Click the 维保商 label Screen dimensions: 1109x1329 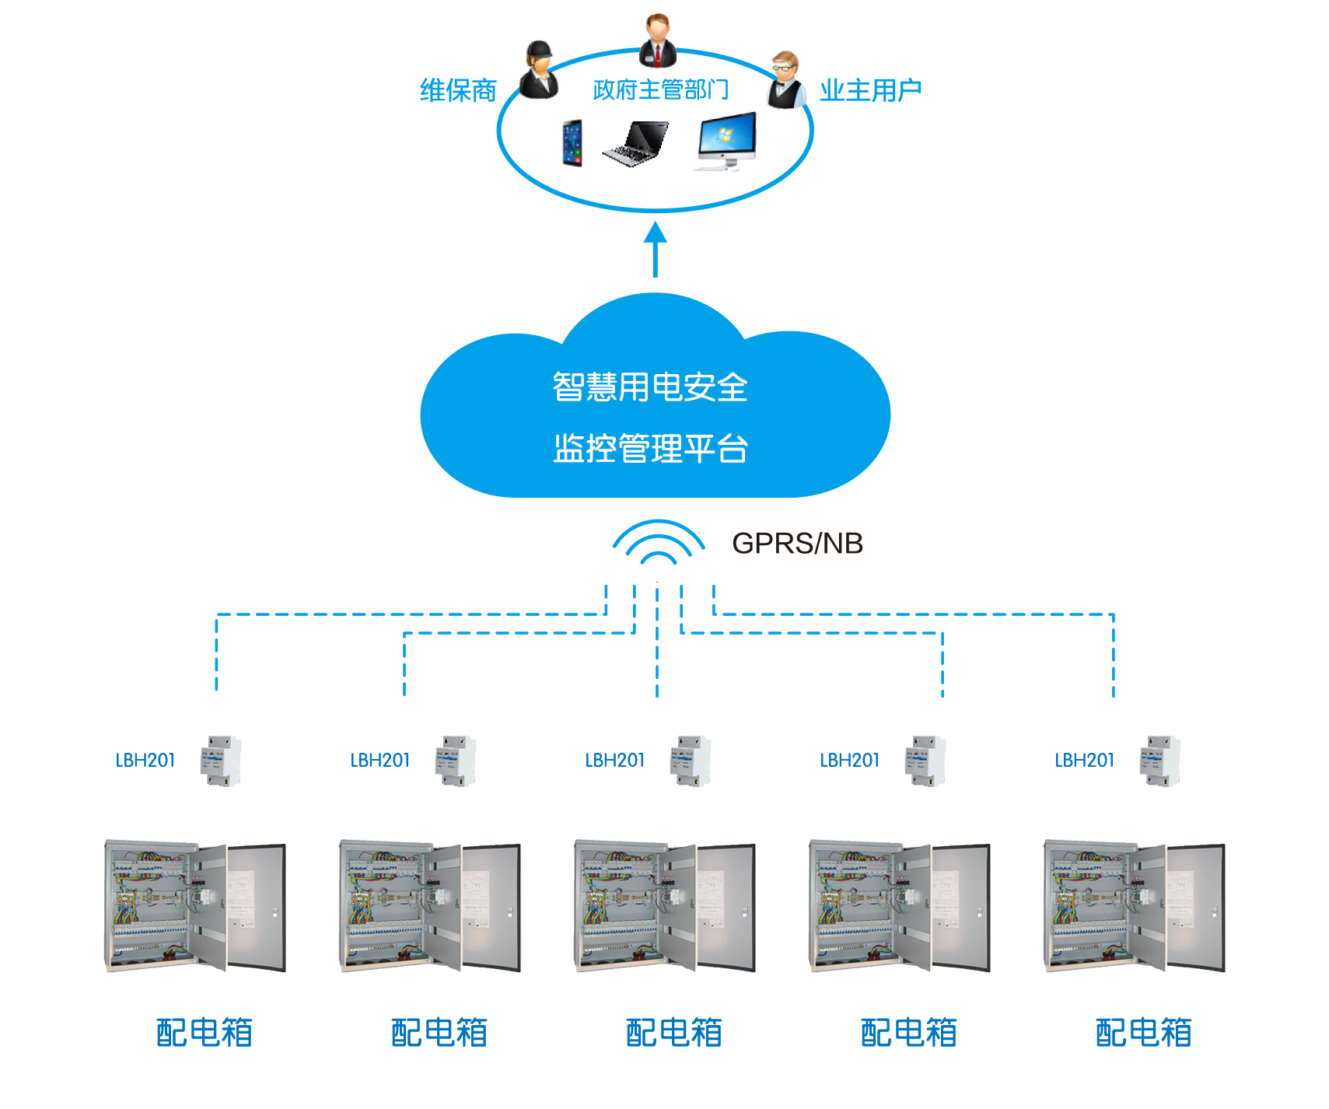click(458, 91)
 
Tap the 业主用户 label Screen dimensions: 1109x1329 click(870, 91)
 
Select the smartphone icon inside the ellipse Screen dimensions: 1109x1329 click(572, 143)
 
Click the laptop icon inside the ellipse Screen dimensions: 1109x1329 click(635, 143)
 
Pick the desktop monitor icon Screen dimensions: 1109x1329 click(724, 143)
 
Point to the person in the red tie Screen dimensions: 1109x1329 click(658, 40)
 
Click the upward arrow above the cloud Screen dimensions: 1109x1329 click(656, 248)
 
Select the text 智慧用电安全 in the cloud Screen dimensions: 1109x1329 click(650, 387)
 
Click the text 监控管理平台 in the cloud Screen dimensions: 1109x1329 click(650, 449)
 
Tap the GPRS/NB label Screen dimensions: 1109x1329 click(797, 543)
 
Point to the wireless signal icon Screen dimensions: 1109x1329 click(658, 543)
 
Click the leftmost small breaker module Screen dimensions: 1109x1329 click(222, 760)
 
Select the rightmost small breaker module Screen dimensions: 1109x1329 click(1160, 760)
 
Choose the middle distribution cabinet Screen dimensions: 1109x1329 click(665, 906)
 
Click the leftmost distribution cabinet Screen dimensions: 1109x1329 click(195, 906)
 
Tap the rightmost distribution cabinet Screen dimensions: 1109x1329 click(1135, 906)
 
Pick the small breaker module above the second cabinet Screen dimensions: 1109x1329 click(456, 760)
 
